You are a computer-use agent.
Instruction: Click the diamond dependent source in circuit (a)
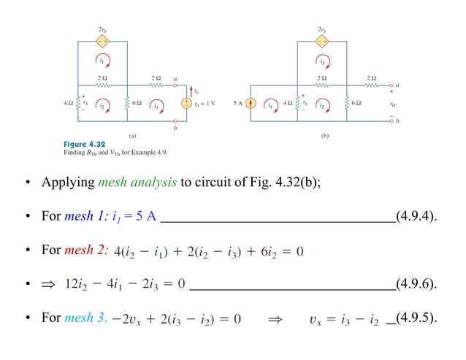point(103,41)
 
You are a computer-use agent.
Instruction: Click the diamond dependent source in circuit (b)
point(323,41)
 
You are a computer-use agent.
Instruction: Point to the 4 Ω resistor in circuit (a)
point(77,103)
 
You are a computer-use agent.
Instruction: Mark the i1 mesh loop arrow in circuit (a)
point(103,61)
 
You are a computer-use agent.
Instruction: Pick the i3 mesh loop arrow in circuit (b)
point(322,61)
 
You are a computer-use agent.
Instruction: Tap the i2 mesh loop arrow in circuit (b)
point(322,104)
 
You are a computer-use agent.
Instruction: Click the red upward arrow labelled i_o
point(188,91)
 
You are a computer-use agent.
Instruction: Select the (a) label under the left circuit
point(132,136)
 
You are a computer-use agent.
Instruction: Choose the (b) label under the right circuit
point(325,136)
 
